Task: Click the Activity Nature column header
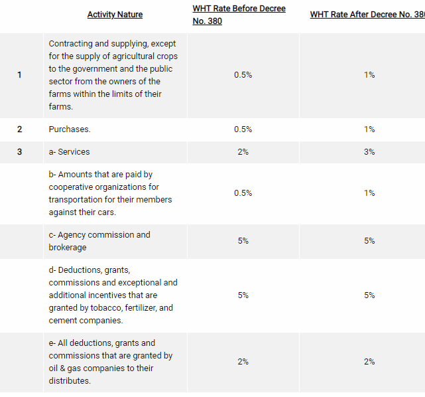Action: pyautogui.click(x=115, y=15)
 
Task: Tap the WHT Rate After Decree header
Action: pyautogui.click(x=367, y=15)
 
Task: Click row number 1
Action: pyautogui.click(x=19, y=75)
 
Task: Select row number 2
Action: pyautogui.click(x=19, y=129)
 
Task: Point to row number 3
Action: pyautogui.click(x=19, y=152)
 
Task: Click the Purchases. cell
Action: pyautogui.click(x=70, y=129)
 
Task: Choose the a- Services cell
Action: pyautogui.click(x=69, y=152)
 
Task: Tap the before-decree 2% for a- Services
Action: pyautogui.click(x=243, y=152)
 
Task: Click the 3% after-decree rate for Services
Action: pyautogui.click(x=369, y=152)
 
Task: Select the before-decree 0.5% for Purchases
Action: pyautogui.click(x=243, y=129)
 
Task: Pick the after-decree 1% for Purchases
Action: pyautogui.click(x=369, y=129)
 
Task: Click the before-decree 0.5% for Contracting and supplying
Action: pyautogui.click(x=243, y=75)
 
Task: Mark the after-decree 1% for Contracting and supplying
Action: pyautogui.click(x=369, y=75)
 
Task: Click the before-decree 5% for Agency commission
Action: pyautogui.click(x=243, y=241)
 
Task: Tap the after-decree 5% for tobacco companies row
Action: pyautogui.click(x=369, y=295)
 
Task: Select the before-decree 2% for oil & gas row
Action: pyautogui.click(x=243, y=362)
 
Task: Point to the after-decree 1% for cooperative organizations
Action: pyautogui.click(x=369, y=193)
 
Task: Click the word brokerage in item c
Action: pyautogui.click(x=68, y=248)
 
